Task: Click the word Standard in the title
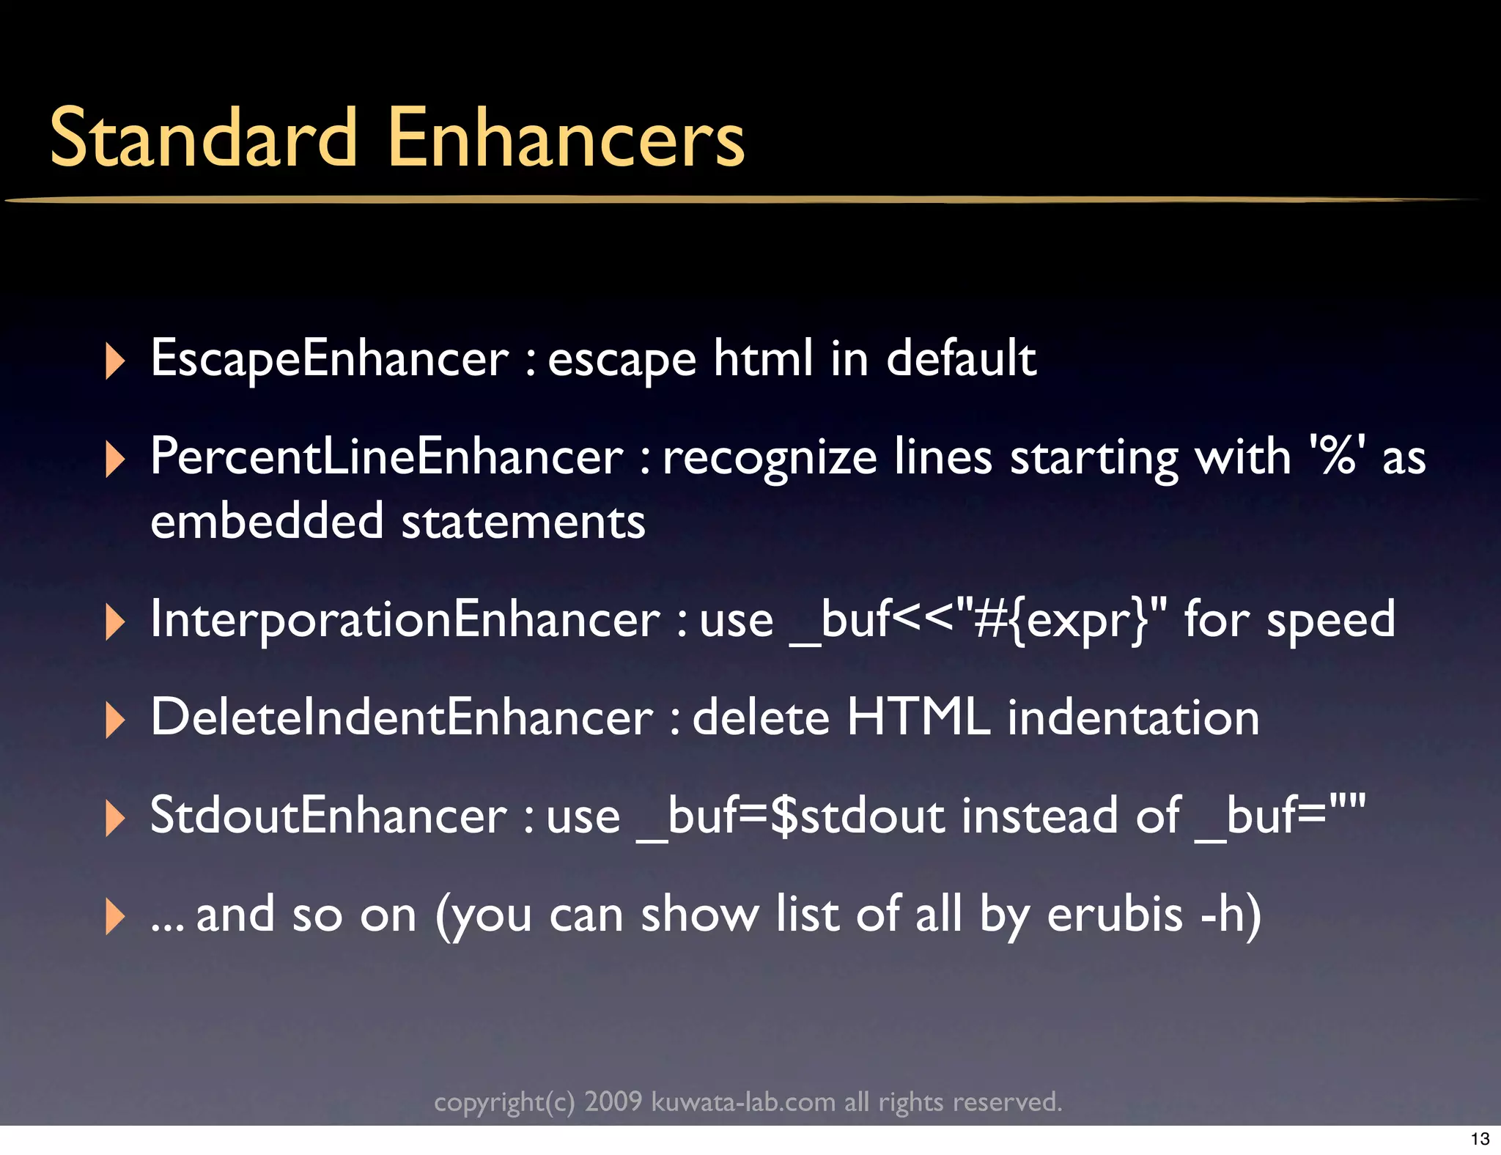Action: [203, 138]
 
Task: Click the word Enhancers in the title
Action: [565, 138]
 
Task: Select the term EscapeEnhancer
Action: [329, 358]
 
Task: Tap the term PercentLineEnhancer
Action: [386, 457]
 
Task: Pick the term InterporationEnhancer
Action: [405, 620]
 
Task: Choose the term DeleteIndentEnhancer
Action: [401, 717]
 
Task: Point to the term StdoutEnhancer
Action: [328, 816]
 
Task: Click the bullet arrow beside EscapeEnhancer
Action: [115, 361]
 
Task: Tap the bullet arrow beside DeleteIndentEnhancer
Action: [115, 720]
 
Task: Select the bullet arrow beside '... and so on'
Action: [115, 916]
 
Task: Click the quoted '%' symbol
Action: [1338, 457]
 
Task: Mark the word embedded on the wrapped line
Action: [267, 521]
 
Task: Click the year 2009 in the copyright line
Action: [613, 1102]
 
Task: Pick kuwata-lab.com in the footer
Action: [743, 1102]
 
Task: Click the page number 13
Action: [1480, 1139]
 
